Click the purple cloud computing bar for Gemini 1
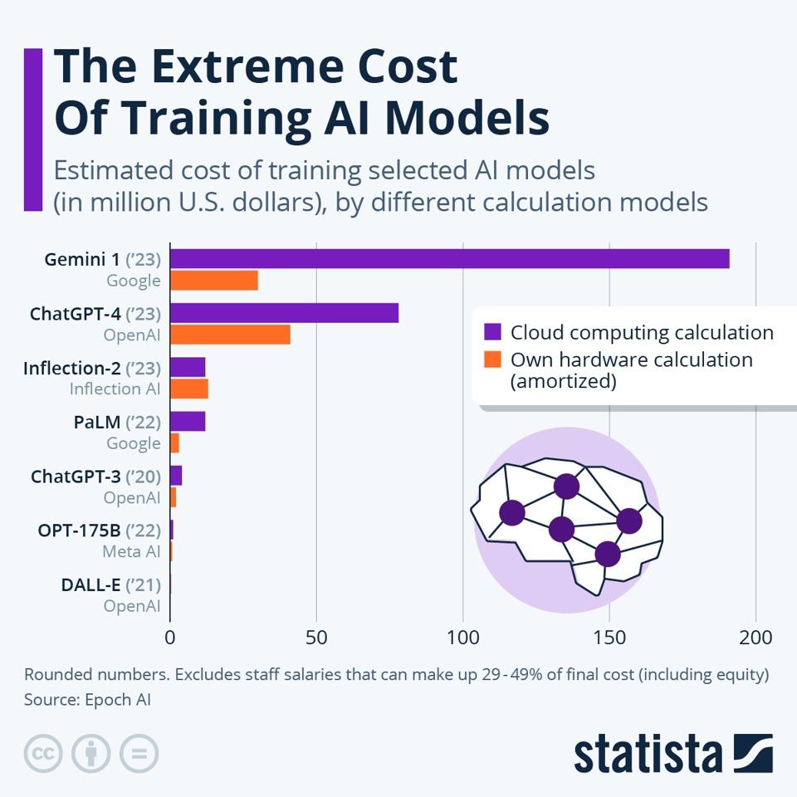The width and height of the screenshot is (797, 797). [449, 258]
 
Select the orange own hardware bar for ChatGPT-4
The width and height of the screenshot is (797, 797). [230, 335]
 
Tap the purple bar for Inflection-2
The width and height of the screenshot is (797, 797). [188, 367]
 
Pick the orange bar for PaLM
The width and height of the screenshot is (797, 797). [174, 443]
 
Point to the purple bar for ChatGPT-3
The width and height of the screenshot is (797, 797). [176, 476]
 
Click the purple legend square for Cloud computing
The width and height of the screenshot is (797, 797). [493, 332]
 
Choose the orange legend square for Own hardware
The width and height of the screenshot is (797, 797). [493, 359]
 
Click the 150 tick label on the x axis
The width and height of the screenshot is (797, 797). [609, 638]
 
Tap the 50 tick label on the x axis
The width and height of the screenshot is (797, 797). [316, 638]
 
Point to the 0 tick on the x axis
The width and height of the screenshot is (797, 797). [170, 638]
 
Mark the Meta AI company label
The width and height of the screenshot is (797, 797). [131, 551]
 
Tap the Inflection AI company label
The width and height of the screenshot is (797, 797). [115, 389]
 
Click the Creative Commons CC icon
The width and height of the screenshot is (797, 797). [44, 754]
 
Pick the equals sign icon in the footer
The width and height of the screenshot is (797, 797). [139, 754]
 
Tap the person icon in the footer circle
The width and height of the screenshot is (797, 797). [91, 754]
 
